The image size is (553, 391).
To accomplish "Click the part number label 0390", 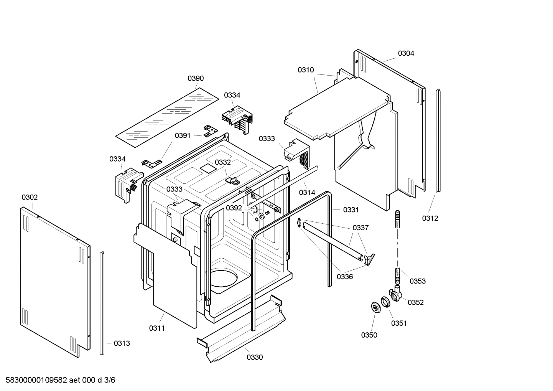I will point(196,78).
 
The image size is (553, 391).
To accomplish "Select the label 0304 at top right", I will point(406,53).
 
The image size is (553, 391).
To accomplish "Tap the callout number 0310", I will point(306,70).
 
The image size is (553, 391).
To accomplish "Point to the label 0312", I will point(430,218).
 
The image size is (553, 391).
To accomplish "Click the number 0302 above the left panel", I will point(30,197).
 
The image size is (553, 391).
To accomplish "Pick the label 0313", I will point(122,343).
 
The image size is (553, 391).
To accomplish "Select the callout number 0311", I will point(157,328).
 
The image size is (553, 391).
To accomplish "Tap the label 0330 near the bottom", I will point(255,358).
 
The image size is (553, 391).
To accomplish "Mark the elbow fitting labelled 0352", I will point(396,294).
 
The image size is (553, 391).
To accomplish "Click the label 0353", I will point(417,281).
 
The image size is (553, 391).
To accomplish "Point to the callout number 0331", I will point(351,210).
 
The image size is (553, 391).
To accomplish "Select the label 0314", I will point(307,193).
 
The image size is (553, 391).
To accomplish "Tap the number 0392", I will point(234,208).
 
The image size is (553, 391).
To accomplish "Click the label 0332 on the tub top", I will point(222,162).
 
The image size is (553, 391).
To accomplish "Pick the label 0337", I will point(360,228).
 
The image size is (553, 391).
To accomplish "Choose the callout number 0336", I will point(345,276).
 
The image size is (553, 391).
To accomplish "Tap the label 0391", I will point(183,135).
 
